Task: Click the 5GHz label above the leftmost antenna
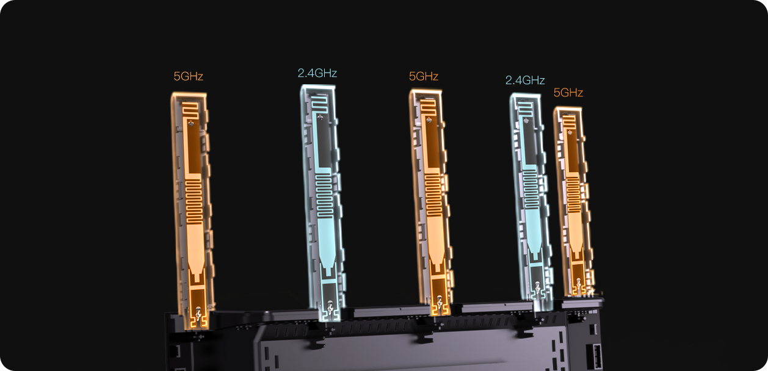point(188,76)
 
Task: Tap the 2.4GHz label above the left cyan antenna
point(317,73)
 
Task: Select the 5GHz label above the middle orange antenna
point(424,76)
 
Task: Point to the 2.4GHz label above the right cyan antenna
point(525,80)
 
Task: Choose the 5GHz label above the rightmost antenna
point(568,93)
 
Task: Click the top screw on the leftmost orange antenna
point(191,123)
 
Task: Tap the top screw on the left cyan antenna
point(321,118)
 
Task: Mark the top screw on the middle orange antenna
point(429,120)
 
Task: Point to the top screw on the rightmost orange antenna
point(570,132)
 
